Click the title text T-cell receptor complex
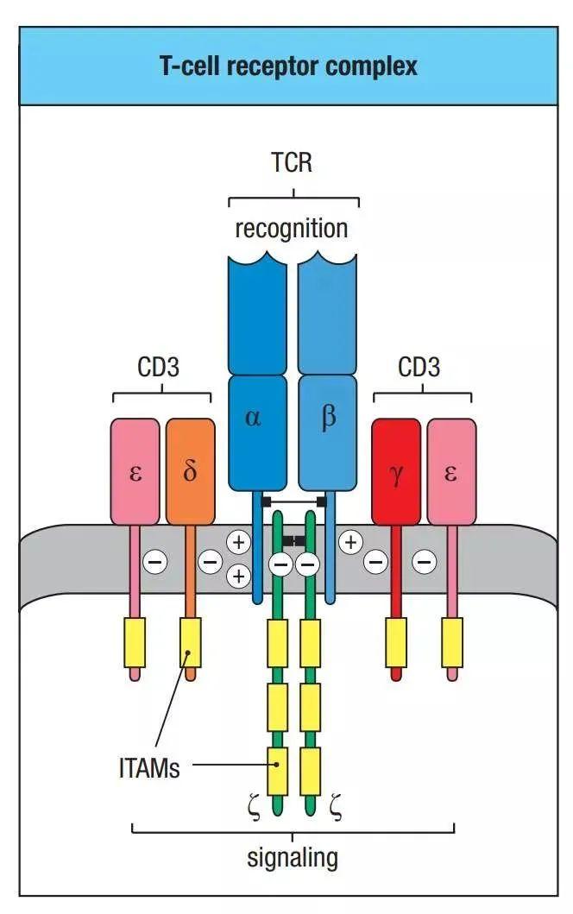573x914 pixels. pyautogui.click(x=288, y=66)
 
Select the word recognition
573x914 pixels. pyautogui.click(x=292, y=229)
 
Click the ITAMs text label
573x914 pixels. pyautogui.click(x=149, y=767)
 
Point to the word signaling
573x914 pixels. pyautogui.click(x=292, y=858)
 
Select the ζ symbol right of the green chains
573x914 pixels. pyautogui.click(x=335, y=810)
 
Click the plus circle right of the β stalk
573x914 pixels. pyautogui.click(x=349, y=543)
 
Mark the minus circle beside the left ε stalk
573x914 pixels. pyautogui.click(x=155, y=563)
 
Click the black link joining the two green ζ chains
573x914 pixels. pyautogui.click(x=294, y=540)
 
